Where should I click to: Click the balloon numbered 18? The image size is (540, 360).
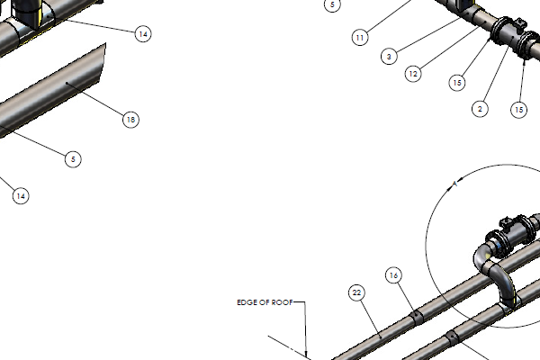tap(130, 120)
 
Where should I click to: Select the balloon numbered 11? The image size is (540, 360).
tap(360, 38)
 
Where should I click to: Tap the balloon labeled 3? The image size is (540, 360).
tap(389, 56)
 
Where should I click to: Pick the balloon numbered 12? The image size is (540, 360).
tap(413, 74)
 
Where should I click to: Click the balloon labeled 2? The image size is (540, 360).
tap(480, 109)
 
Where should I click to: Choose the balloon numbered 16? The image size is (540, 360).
tap(393, 275)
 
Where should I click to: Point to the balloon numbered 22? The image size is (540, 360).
tap(356, 292)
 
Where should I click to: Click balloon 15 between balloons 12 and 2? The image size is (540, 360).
tap(457, 83)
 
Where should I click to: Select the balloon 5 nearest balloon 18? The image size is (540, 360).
tap(73, 159)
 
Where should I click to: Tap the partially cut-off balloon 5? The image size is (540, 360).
tap(332, 5)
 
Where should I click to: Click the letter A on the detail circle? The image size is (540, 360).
tap(454, 184)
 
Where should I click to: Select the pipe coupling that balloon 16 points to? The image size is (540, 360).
tap(417, 318)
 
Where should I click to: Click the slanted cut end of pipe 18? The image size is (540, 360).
tap(103, 63)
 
